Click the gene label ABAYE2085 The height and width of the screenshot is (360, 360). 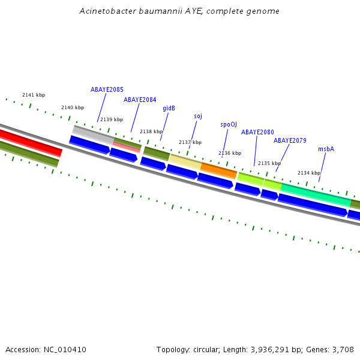point(107,89)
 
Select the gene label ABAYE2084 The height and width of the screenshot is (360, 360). point(140,100)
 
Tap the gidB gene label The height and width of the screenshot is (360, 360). point(169,109)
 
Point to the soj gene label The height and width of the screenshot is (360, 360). point(198,116)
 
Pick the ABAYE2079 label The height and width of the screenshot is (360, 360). point(290,140)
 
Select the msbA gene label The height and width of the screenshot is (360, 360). point(326,149)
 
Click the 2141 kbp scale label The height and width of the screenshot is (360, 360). point(34,95)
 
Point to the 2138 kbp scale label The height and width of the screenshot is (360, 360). point(151,131)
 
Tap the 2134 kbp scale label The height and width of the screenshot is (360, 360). point(309,173)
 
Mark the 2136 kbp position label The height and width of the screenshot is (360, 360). point(230,153)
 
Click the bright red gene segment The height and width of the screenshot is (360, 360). point(30,142)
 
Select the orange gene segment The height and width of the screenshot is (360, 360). point(218,170)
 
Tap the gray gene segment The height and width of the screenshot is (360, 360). point(93,134)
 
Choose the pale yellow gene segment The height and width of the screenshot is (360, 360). point(185,161)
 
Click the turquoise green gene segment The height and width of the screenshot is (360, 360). point(315,194)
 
